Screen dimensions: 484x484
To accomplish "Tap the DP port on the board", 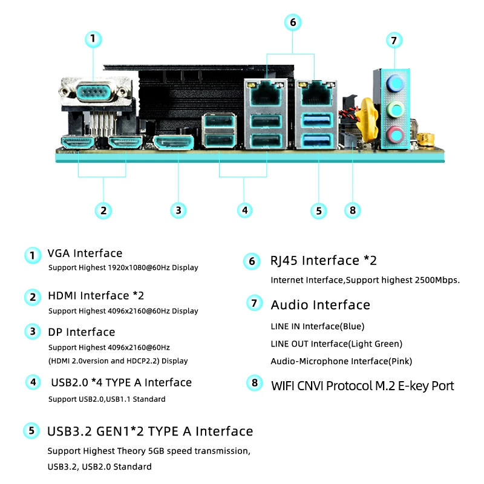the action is pos(173,143).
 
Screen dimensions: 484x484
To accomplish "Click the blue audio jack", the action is pos(396,82).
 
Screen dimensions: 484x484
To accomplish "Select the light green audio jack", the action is pos(396,110).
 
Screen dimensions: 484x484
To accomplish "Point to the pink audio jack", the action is pos(396,134).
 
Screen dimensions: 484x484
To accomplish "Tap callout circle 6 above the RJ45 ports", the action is pos(292,22).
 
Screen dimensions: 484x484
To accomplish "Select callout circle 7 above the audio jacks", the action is pos(394,41).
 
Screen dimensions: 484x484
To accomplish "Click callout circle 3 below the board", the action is pos(178,211).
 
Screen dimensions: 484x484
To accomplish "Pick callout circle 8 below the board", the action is pos(352,211).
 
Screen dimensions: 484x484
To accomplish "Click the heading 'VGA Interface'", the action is pos(85,253).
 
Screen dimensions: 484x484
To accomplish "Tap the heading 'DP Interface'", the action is pos(81,332).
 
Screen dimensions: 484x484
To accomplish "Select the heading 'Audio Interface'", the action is pos(320,305).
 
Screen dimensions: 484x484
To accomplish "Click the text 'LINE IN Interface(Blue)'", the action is pos(318,327).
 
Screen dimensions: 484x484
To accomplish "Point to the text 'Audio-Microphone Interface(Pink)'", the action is pos(341,361).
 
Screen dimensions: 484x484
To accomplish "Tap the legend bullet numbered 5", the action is pos(32,431).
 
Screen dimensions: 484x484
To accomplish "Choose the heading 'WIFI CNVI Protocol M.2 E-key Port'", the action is pos(362,386).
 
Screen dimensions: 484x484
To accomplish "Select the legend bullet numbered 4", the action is pos(33,382).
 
